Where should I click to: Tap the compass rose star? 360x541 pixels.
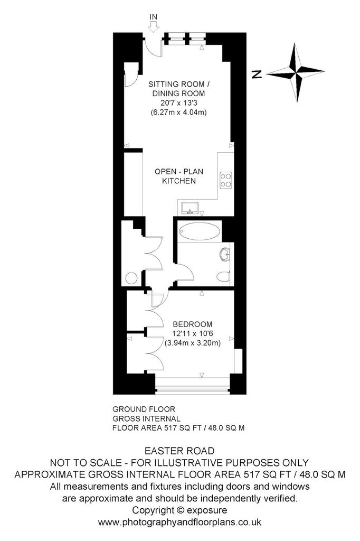(x=296, y=72)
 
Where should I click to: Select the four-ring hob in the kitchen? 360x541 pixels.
(x=226, y=180)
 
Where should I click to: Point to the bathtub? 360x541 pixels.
(x=198, y=231)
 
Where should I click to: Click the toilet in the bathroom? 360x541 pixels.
(x=223, y=277)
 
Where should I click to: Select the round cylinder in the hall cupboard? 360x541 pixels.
(x=131, y=278)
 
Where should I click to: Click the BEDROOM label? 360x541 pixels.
(x=193, y=324)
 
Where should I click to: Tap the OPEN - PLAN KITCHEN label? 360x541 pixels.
(x=179, y=176)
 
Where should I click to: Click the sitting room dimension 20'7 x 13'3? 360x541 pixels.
(x=178, y=103)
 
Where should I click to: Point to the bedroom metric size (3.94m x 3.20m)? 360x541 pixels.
(x=193, y=343)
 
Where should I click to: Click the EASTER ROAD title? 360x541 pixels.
(x=179, y=451)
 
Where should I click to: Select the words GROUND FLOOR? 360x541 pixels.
(x=144, y=409)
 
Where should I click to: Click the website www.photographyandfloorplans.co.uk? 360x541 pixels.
(x=179, y=522)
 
